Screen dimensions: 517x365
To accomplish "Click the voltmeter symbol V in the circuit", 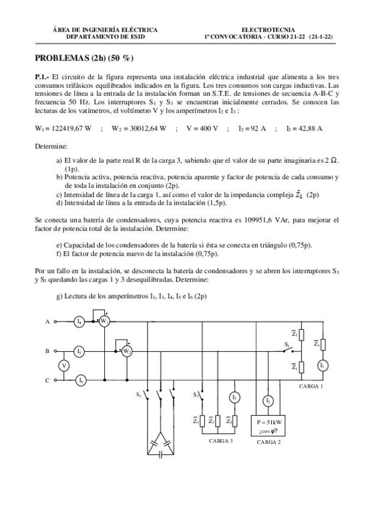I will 61,365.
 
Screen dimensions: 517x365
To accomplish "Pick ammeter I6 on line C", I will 80,380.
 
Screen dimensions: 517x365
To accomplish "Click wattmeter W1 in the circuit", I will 104,321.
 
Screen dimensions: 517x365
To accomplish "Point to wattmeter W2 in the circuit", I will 126,351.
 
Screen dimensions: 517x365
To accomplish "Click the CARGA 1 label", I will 311,386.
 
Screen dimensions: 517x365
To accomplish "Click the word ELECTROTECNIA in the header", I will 268,29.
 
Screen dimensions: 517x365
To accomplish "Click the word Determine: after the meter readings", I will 51,147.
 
